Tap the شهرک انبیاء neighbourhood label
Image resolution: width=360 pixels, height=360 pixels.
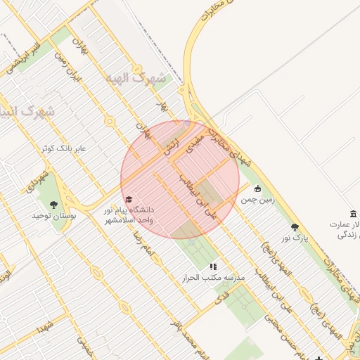tap(28, 112)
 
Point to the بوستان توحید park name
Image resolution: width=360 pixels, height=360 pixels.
tap(53, 216)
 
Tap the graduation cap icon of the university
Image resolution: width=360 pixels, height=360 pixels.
tap(128, 200)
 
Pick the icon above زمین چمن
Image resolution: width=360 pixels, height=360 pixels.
tap(257, 188)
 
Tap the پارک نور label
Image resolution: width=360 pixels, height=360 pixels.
tap(295, 238)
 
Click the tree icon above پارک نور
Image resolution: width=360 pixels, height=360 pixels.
tap(295, 227)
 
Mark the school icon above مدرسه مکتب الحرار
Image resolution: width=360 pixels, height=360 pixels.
tap(213, 267)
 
